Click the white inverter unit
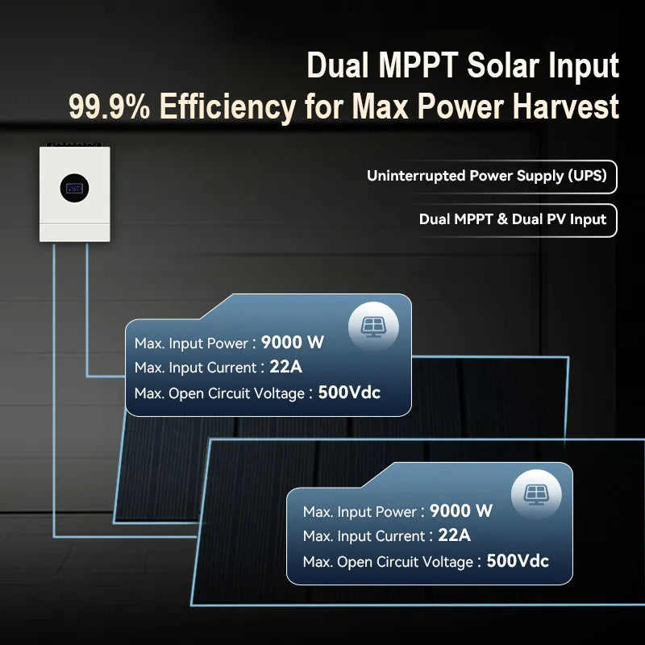(x=75, y=193)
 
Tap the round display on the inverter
(x=74, y=188)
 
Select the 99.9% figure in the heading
(x=109, y=106)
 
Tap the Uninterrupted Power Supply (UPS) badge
(x=486, y=176)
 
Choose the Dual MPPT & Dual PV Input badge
(x=512, y=219)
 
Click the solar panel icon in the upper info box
(x=372, y=326)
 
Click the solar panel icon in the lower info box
(x=535, y=493)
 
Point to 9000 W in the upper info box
(x=292, y=342)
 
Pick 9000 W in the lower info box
(x=460, y=510)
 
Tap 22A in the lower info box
(x=454, y=535)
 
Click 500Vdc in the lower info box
(x=518, y=560)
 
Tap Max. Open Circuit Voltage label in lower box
(x=387, y=562)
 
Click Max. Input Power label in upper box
(x=192, y=343)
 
